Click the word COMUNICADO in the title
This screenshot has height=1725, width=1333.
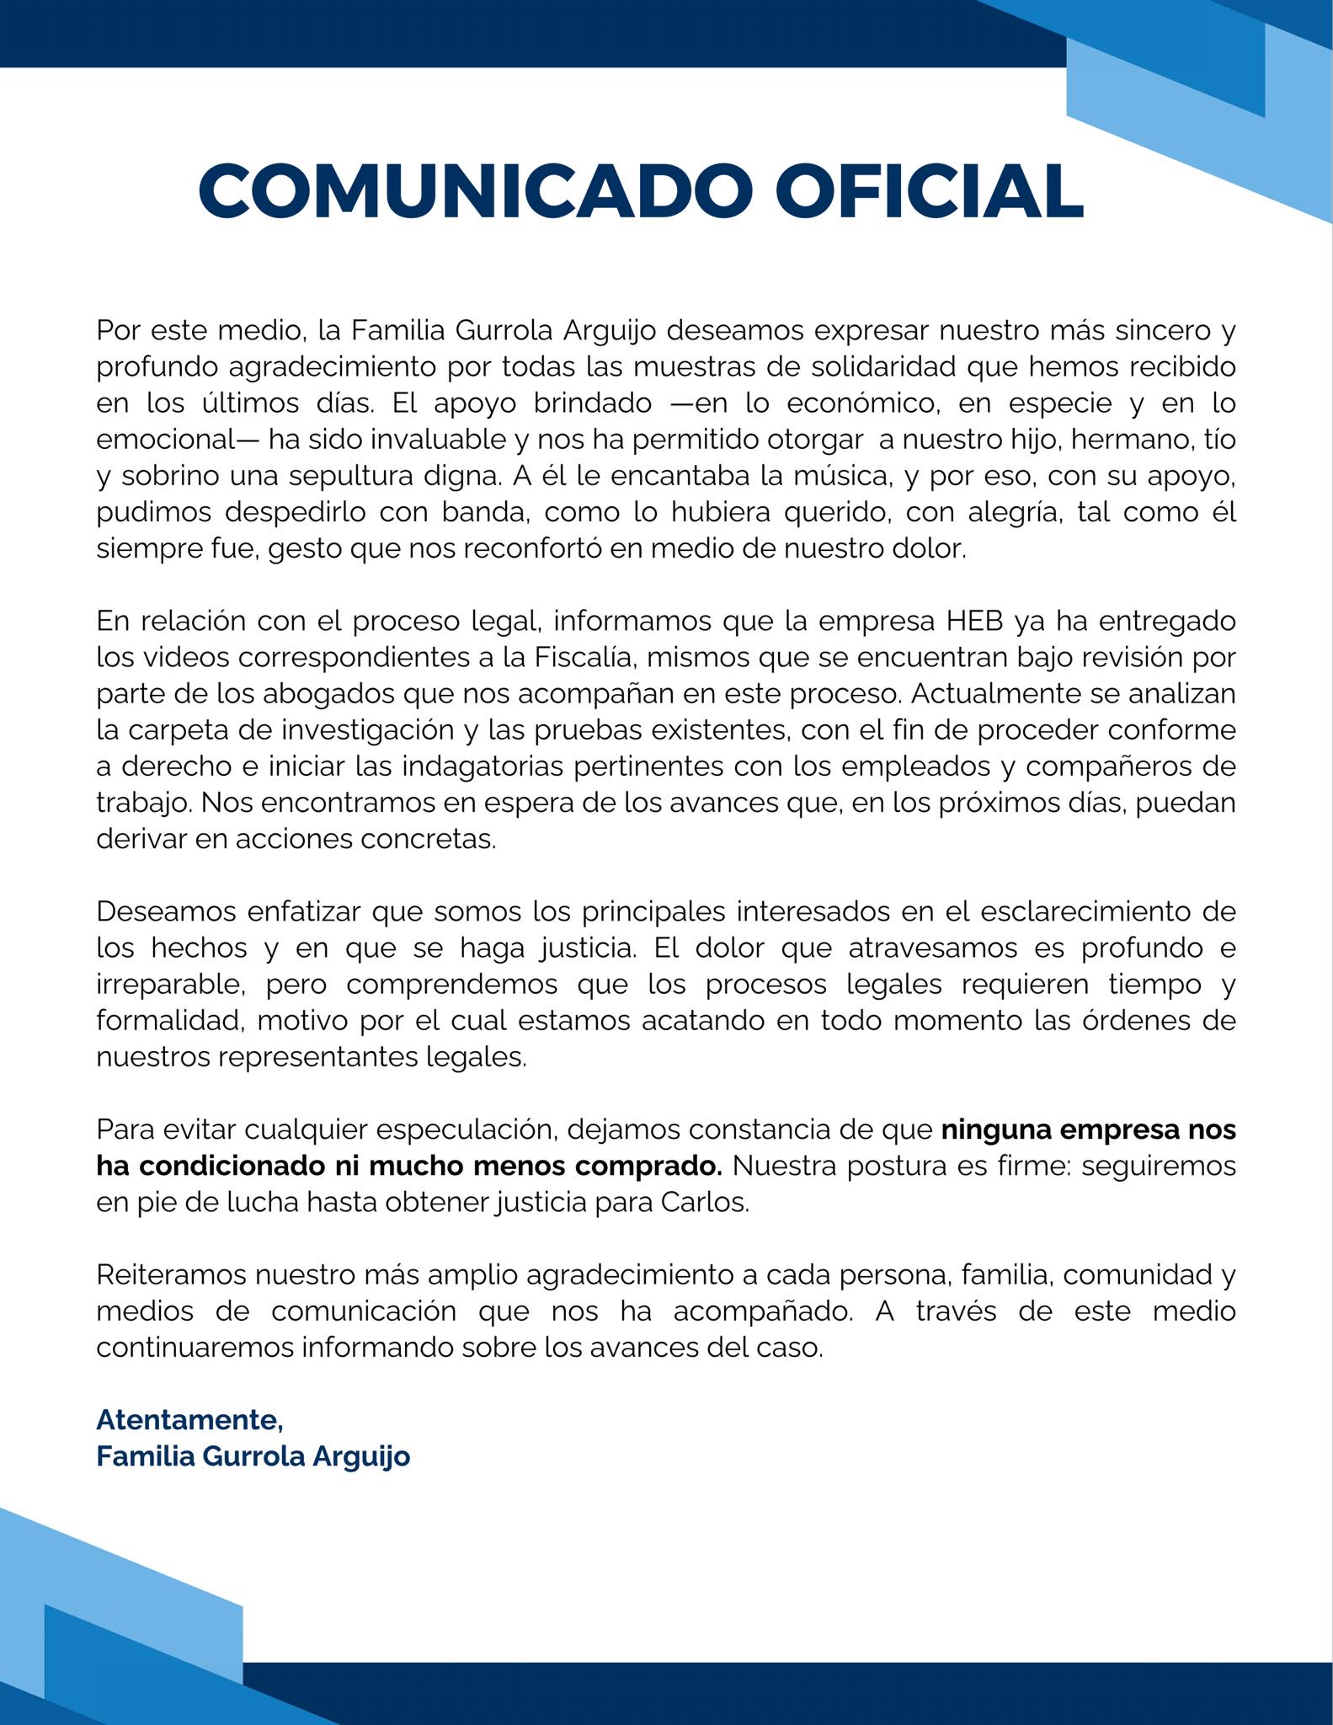click(475, 192)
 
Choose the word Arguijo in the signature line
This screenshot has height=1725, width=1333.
click(361, 1455)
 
